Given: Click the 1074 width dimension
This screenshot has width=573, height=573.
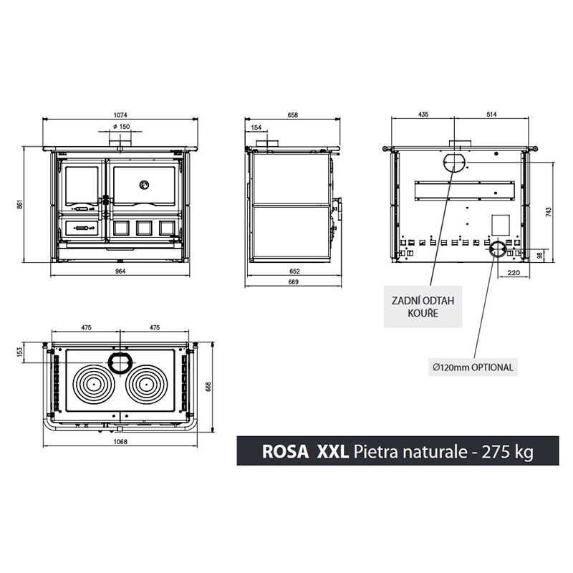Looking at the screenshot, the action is click(120, 115).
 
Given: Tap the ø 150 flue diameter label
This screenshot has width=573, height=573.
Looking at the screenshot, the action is click(121, 127).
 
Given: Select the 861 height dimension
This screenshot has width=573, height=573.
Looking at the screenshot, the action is click(21, 204).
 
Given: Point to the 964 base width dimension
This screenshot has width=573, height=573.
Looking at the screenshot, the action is click(120, 271).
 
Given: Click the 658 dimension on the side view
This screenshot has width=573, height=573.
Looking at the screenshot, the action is click(293, 115).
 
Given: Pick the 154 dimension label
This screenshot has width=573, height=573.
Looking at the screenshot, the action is click(257, 127).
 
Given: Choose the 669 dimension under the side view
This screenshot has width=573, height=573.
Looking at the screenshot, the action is click(293, 281).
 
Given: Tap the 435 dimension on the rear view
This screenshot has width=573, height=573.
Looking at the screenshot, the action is click(423, 115).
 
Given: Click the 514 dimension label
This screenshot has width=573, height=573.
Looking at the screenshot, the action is click(492, 115).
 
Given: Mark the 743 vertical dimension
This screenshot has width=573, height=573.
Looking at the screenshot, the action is click(549, 212).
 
